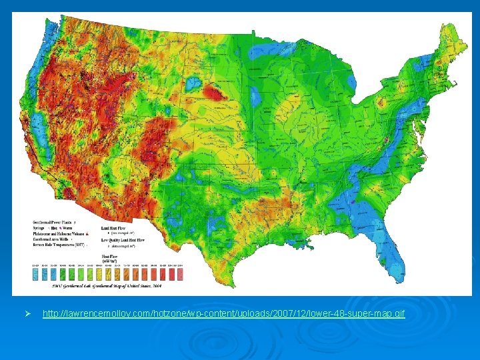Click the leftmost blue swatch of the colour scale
click(x=36, y=273)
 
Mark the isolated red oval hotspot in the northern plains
click(x=215, y=92)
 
